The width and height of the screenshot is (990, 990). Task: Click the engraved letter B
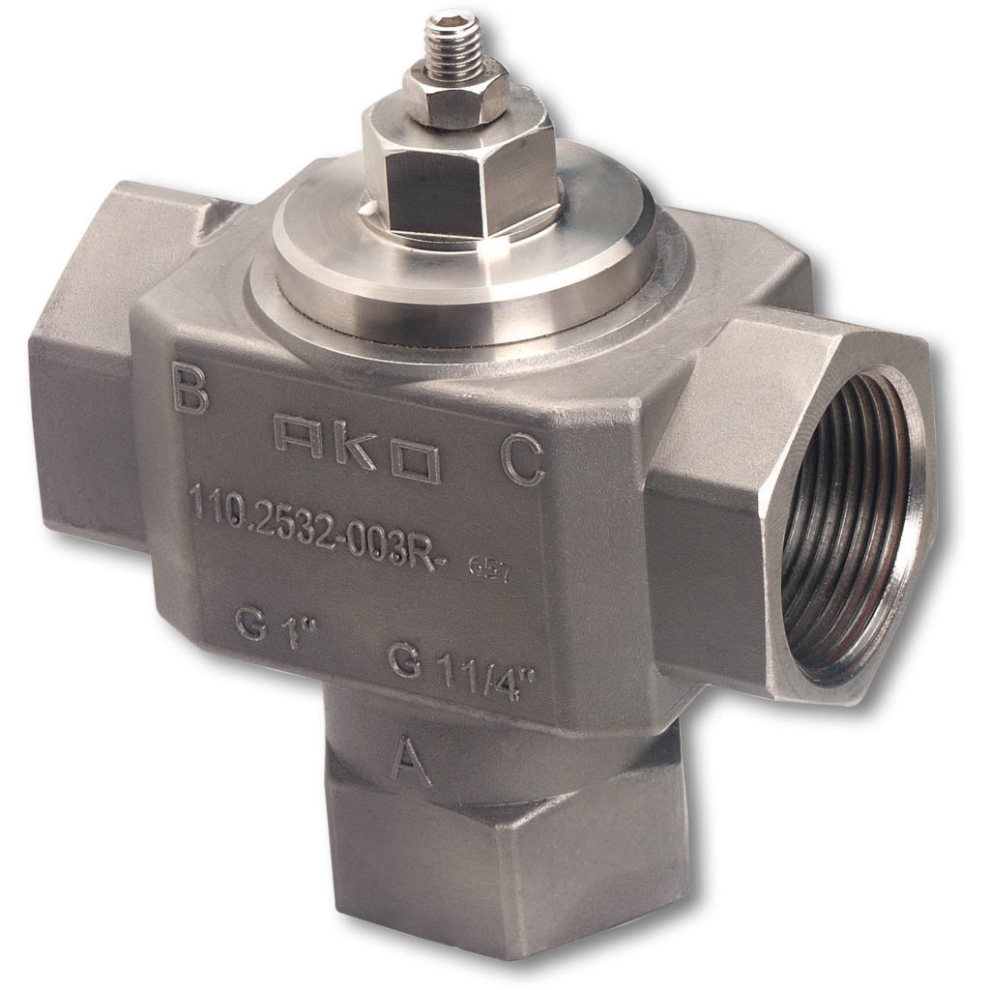point(189,389)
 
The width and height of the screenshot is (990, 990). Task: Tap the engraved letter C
point(523,461)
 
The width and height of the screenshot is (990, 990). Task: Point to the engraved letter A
point(410,760)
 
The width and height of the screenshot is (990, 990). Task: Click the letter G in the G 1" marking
point(250,625)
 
